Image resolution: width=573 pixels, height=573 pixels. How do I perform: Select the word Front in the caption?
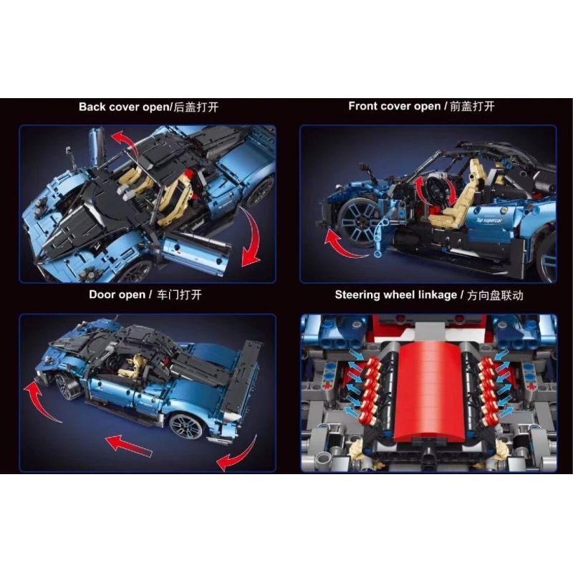[364, 106]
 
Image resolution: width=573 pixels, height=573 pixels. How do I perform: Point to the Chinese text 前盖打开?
[471, 106]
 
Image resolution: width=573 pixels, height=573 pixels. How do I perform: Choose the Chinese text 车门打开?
[178, 294]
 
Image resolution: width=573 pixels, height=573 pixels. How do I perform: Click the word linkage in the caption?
[432, 294]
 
